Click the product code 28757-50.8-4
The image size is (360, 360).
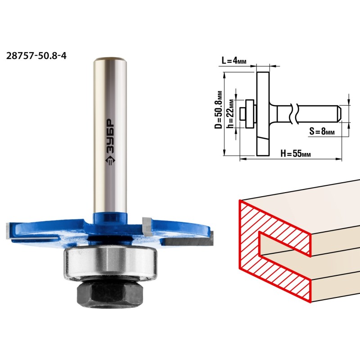36,56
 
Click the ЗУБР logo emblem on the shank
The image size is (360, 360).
110,161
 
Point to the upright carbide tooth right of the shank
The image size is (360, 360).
147,226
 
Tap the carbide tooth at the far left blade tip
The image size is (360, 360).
9,231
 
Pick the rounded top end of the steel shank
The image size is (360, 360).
110,61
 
